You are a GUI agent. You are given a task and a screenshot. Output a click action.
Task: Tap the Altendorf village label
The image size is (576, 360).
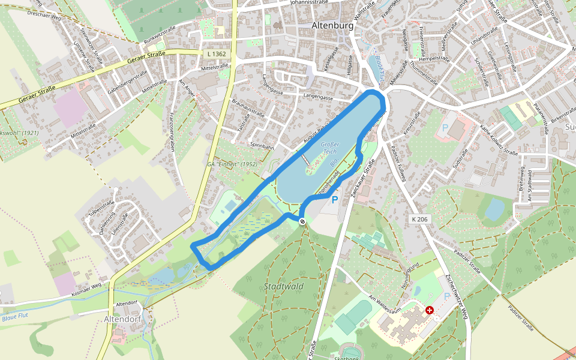122,319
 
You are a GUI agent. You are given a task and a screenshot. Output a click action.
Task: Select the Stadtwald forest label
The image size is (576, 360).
283,286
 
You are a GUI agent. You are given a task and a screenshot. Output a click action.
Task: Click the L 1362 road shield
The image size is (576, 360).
216,54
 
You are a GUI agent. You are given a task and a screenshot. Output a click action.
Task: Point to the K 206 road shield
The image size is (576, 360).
420,220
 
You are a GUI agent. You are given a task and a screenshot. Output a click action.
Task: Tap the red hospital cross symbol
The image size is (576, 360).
430,310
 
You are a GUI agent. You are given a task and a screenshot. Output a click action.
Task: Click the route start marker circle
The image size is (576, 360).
302,222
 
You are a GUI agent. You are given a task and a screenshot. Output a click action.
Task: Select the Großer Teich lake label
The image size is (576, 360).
330,148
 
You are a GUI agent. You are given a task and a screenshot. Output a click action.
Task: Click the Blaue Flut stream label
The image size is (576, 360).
15,316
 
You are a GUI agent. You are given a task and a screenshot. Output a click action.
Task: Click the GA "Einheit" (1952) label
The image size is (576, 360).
232,164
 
